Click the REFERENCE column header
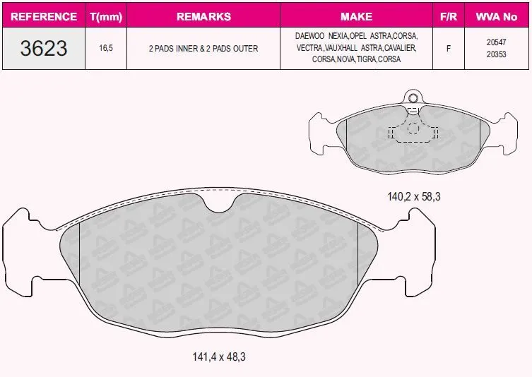[x=44, y=16]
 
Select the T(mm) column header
[x=106, y=17]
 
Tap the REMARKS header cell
[x=203, y=16]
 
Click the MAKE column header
[x=356, y=16]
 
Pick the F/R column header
[x=449, y=16]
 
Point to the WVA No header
[x=497, y=16]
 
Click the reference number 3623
[x=44, y=48]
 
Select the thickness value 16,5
[x=106, y=48]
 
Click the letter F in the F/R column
[x=449, y=49]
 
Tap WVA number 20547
[x=497, y=42]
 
